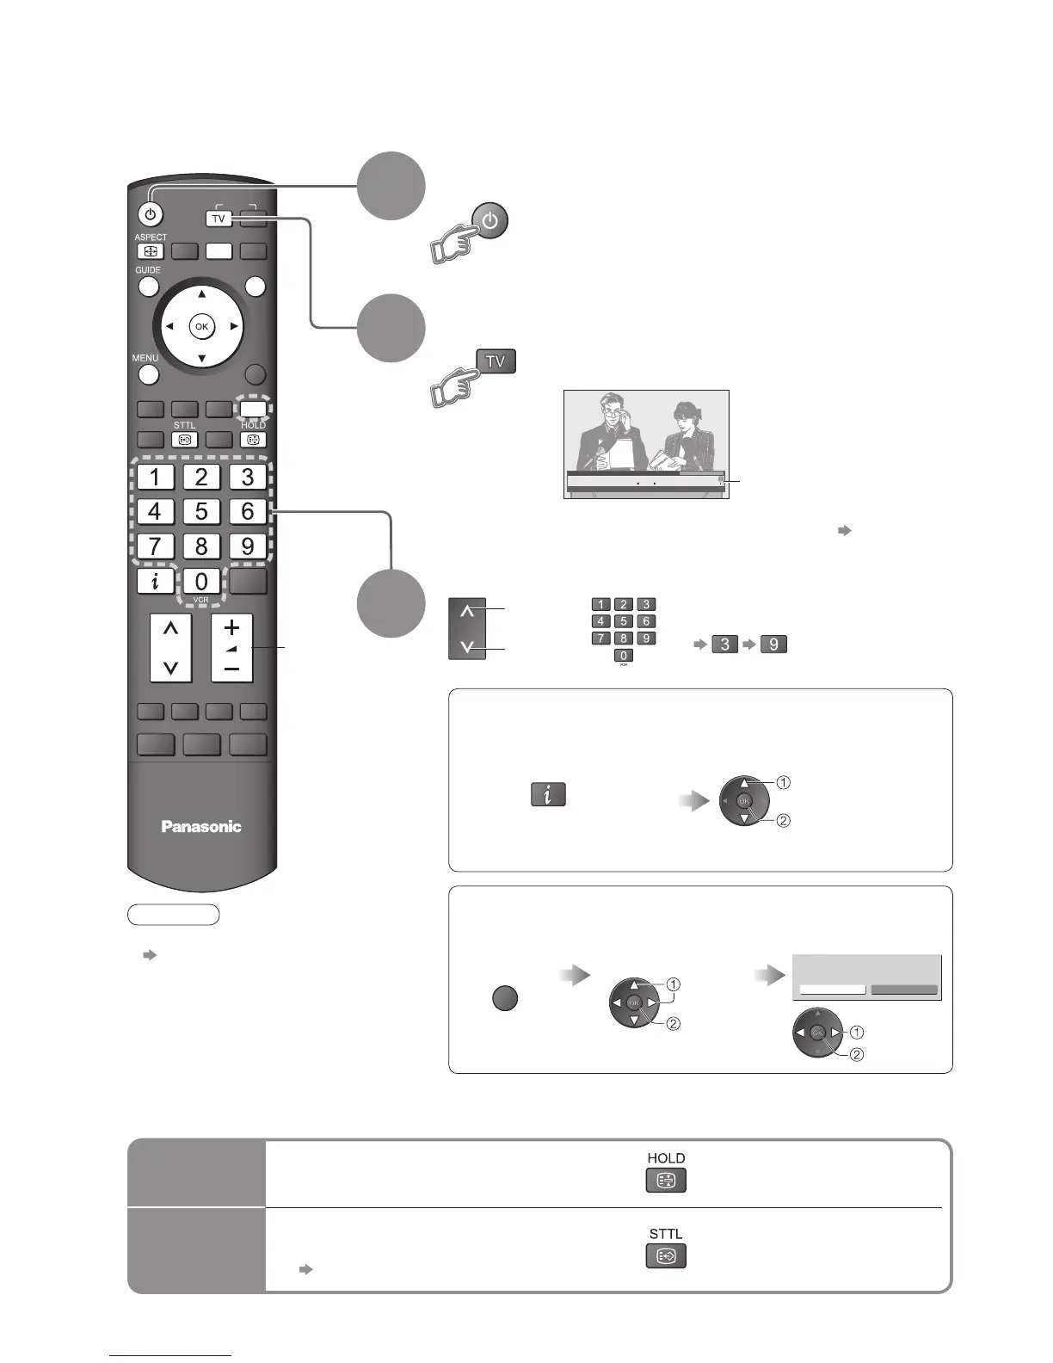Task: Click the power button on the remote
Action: click(x=151, y=214)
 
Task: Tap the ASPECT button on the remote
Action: click(x=151, y=252)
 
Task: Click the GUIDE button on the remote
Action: click(x=149, y=287)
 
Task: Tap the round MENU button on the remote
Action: click(x=149, y=374)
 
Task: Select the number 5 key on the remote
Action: click(x=201, y=511)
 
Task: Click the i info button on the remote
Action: click(x=155, y=581)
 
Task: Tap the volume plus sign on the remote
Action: click(x=231, y=626)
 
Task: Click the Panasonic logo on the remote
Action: click(x=201, y=826)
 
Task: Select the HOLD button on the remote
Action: click(x=253, y=439)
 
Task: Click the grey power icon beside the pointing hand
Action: click(x=490, y=221)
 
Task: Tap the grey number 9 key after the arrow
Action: click(x=773, y=644)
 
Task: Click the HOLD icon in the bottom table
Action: click(x=666, y=1181)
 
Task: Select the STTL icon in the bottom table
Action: click(x=666, y=1256)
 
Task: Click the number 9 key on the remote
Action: click(x=248, y=546)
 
